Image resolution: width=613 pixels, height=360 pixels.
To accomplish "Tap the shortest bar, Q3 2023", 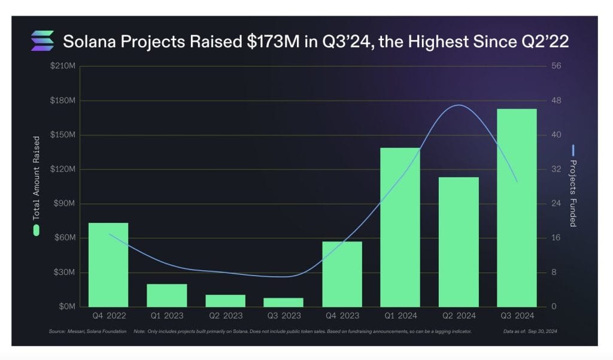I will tap(284, 302).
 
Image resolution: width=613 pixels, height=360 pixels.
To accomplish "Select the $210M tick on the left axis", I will tap(63, 65).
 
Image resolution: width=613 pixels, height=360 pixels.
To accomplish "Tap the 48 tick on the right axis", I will tap(556, 100).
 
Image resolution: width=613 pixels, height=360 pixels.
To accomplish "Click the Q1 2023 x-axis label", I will tap(167, 315).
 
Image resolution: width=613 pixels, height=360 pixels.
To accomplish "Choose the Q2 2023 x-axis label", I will tap(225, 315).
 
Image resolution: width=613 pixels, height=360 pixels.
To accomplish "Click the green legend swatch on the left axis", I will tap(37, 230).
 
